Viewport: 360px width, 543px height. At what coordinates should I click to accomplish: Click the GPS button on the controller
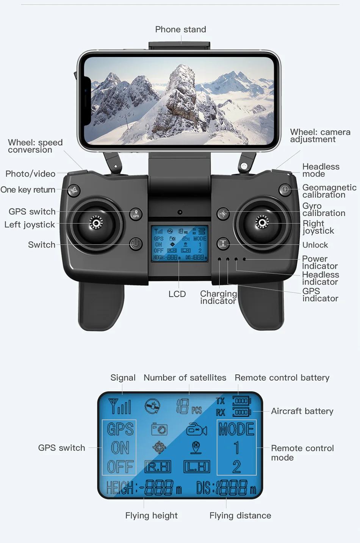[x=136, y=214]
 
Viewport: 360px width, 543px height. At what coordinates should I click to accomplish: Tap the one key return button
[x=74, y=190]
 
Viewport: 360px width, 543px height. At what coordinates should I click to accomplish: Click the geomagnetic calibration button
[x=285, y=189]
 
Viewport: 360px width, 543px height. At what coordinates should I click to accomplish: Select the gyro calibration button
[x=223, y=213]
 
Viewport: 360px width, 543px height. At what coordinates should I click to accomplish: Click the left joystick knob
[x=96, y=223]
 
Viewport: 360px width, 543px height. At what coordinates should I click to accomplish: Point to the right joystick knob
[x=262, y=222]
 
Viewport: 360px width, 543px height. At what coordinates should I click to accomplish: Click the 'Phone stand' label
[x=180, y=30]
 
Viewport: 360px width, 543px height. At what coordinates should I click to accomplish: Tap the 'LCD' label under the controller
[x=177, y=294]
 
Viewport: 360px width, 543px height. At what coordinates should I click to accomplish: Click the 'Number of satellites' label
[x=185, y=378]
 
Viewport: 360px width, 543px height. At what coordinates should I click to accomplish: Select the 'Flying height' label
[x=151, y=516]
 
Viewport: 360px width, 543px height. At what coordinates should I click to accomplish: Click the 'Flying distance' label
[x=240, y=516]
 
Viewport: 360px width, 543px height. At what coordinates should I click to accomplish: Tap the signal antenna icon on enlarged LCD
[x=119, y=406]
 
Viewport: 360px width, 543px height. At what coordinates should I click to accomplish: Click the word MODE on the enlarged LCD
[x=236, y=429]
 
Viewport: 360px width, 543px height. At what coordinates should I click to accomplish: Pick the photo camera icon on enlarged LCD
[x=159, y=429]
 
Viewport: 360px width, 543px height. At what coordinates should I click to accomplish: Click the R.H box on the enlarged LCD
[x=158, y=467]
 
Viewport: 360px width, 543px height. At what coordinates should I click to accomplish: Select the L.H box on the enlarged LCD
[x=197, y=467]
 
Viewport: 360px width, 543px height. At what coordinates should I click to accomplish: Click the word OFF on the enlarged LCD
[x=120, y=467]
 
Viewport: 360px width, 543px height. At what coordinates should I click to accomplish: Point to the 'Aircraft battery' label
[x=302, y=411]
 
